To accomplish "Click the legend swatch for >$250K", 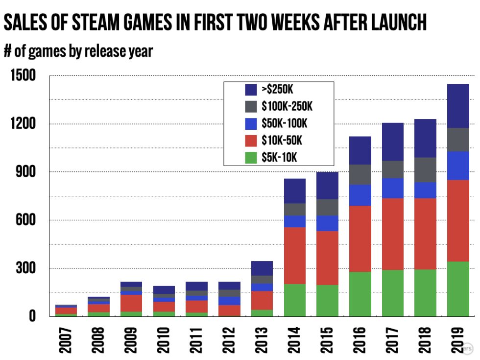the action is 250,90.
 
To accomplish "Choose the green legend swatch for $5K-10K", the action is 250,157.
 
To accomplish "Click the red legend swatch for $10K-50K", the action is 250,141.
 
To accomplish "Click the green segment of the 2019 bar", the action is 457,289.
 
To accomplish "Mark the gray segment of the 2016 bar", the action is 360,174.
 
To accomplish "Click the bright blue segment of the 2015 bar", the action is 327,223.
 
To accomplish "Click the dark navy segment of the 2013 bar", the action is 262,268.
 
